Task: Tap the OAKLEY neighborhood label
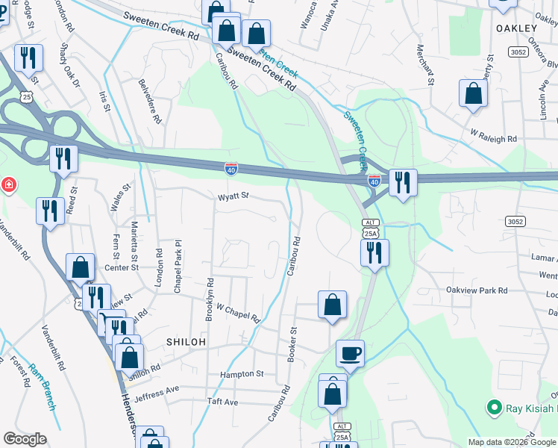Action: click(x=516, y=28)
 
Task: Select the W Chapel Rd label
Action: click(x=237, y=312)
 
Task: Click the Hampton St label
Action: click(x=242, y=373)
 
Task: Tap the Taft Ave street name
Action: click(x=222, y=402)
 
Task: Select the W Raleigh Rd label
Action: click(x=493, y=139)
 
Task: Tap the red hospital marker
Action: click(x=8, y=184)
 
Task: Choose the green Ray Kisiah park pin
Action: click(x=493, y=408)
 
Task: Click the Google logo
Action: click(x=25, y=439)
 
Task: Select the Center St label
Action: click(x=122, y=267)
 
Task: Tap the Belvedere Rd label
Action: click(x=150, y=102)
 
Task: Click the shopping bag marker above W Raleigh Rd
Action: click(x=473, y=94)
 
